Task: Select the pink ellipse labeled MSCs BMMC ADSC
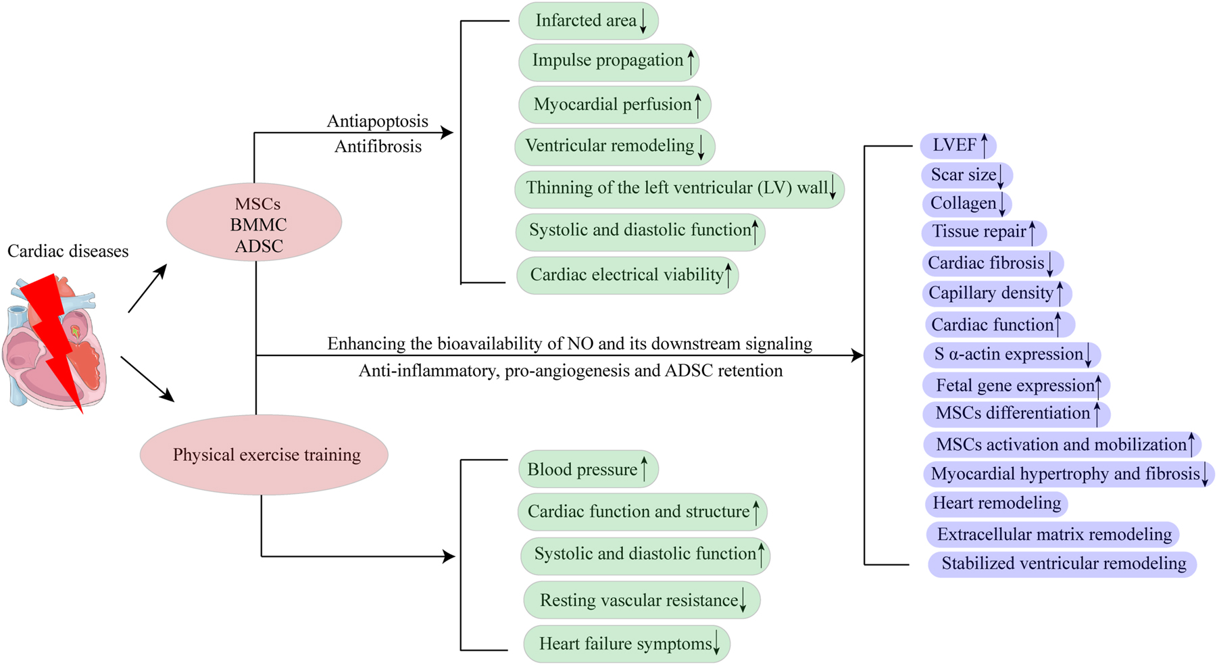[x=254, y=223]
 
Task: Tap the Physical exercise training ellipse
[x=264, y=455]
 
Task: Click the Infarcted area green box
[x=588, y=21]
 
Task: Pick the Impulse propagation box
[x=608, y=61]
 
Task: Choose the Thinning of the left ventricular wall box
[x=678, y=189]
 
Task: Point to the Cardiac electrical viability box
[x=627, y=275]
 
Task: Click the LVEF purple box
[x=958, y=145]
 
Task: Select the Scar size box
[x=966, y=175]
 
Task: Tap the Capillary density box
[x=996, y=293]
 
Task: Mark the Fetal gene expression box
[x=1016, y=386]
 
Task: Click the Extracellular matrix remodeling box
[x=1053, y=535]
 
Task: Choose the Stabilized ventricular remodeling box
[x=1062, y=564]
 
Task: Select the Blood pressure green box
[x=588, y=470]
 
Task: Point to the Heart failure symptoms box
[x=626, y=644]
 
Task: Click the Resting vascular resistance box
[x=641, y=600]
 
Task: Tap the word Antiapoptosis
[x=377, y=122]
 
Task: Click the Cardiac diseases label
[x=68, y=251]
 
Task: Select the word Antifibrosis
[x=378, y=147]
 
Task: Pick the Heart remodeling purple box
[x=996, y=503]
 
